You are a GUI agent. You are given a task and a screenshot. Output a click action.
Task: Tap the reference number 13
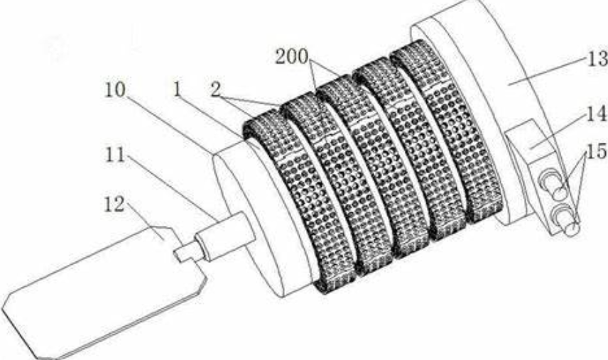click(x=594, y=57)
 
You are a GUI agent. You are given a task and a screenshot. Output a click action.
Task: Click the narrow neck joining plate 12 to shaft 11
click(x=187, y=251)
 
